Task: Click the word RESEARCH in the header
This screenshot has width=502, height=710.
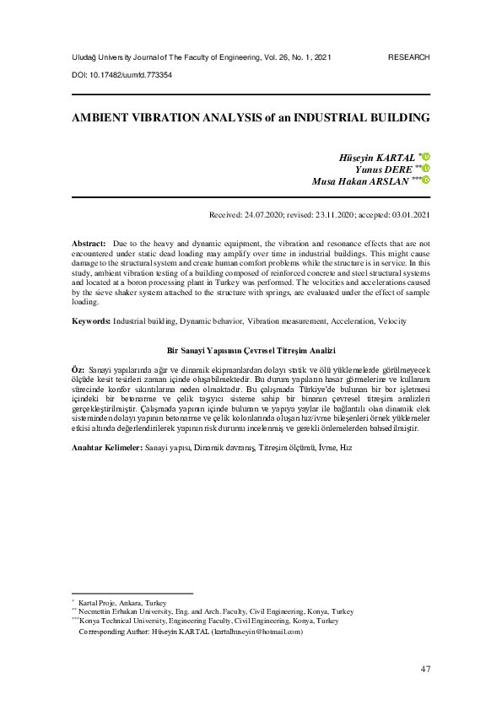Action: [408, 56]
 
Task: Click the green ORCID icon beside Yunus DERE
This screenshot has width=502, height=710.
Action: [427, 168]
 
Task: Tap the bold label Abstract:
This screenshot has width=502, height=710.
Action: [89, 241]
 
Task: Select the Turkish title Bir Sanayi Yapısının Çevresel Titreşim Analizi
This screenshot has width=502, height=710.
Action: [251, 348]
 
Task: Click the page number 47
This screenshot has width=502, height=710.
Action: [424, 670]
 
